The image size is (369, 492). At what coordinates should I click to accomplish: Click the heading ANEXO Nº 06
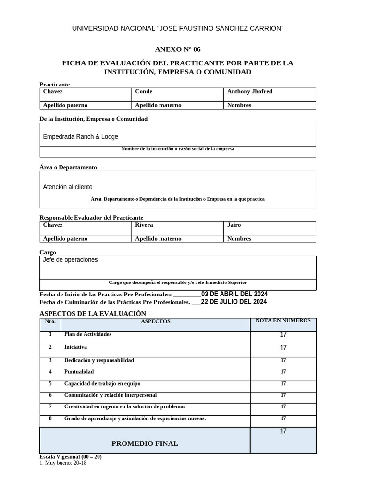[x=178, y=49]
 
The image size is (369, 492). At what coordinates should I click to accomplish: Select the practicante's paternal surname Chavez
[x=53, y=91]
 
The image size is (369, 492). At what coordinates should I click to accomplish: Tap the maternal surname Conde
[x=144, y=91]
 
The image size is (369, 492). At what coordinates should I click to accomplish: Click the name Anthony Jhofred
[x=249, y=91]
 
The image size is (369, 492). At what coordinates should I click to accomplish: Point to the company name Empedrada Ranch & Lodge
[x=80, y=137]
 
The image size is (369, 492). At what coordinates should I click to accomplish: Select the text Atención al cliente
[x=68, y=187]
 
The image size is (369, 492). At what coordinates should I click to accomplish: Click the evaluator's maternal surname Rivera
[x=144, y=225]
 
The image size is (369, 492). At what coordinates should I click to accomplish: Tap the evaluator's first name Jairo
[x=234, y=225]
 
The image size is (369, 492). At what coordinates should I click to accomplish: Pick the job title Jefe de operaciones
[x=70, y=260]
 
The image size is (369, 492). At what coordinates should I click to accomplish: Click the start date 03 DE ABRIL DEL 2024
[x=234, y=294]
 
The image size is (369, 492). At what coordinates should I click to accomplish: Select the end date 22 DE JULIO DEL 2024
[x=234, y=302]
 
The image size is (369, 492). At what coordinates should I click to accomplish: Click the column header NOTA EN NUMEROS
[x=283, y=320]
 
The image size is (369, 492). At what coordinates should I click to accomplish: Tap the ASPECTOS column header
[x=155, y=321]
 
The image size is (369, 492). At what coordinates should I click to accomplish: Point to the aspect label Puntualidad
[x=79, y=372]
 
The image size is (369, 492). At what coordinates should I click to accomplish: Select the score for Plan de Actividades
[x=283, y=335]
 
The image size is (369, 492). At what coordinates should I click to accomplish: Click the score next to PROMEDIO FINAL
[x=283, y=431]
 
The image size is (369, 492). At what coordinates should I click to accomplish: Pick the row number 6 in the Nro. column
[x=50, y=395]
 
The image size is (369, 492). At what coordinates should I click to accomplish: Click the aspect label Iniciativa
[x=75, y=347]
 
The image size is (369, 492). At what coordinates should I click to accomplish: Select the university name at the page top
[x=178, y=29]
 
